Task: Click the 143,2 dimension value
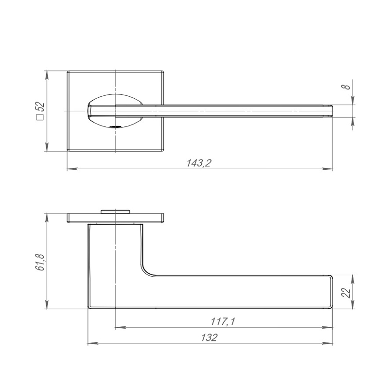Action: (x=199, y=163)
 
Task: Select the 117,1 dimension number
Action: (x=223, y=321)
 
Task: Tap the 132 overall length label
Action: (x=209, y=337)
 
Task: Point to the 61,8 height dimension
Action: (x=40, y=262)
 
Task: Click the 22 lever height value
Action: (x=346, y=293)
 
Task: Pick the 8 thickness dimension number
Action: (x=346, y=87)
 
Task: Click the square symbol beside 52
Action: (x=40, y=117)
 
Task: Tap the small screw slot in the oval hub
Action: (x=114, y=127)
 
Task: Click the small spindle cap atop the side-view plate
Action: (x=115, y=212)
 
